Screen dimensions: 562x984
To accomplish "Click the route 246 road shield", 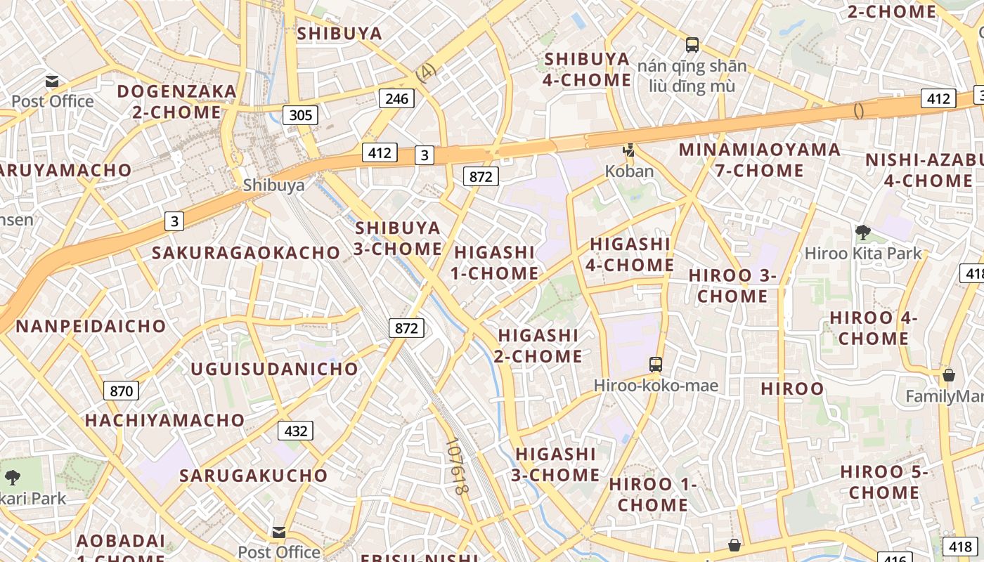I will point(396,98).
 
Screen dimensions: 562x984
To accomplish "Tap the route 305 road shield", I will point(300,115).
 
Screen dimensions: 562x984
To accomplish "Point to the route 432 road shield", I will point(295,431).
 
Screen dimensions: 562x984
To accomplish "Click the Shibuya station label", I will point(273,185).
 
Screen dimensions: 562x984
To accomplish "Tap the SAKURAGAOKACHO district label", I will point(246,253).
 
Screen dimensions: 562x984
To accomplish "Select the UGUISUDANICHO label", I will point(275,369).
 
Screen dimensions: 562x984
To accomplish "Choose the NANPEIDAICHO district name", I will point(91,326).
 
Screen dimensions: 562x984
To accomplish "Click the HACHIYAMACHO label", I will point(165,420).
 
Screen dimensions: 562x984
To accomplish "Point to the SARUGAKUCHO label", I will point(254,476).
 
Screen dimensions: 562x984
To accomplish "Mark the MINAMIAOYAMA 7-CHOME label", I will point(759,159).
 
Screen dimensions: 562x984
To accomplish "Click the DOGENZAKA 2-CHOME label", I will point(177,101).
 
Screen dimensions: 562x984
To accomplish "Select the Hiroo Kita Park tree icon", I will point(862,232).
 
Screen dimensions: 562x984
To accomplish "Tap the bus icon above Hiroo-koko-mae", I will point(656,364).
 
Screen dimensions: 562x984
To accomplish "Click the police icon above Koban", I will point(629,150).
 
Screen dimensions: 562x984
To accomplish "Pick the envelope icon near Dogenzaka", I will point(52,81).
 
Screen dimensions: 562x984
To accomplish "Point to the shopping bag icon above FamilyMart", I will point(949,375).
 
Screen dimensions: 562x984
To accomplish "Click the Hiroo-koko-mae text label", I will point(656,386).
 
